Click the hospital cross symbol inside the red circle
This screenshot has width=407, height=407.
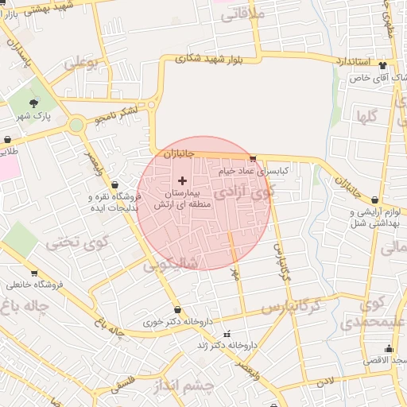pos(183,181)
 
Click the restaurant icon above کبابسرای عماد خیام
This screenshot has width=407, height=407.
pos(253,159)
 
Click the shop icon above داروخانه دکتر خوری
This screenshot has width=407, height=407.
pos(176,310)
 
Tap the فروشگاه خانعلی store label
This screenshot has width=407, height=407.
pos(35,284)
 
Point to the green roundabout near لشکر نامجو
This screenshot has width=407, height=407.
pos(76,125)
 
